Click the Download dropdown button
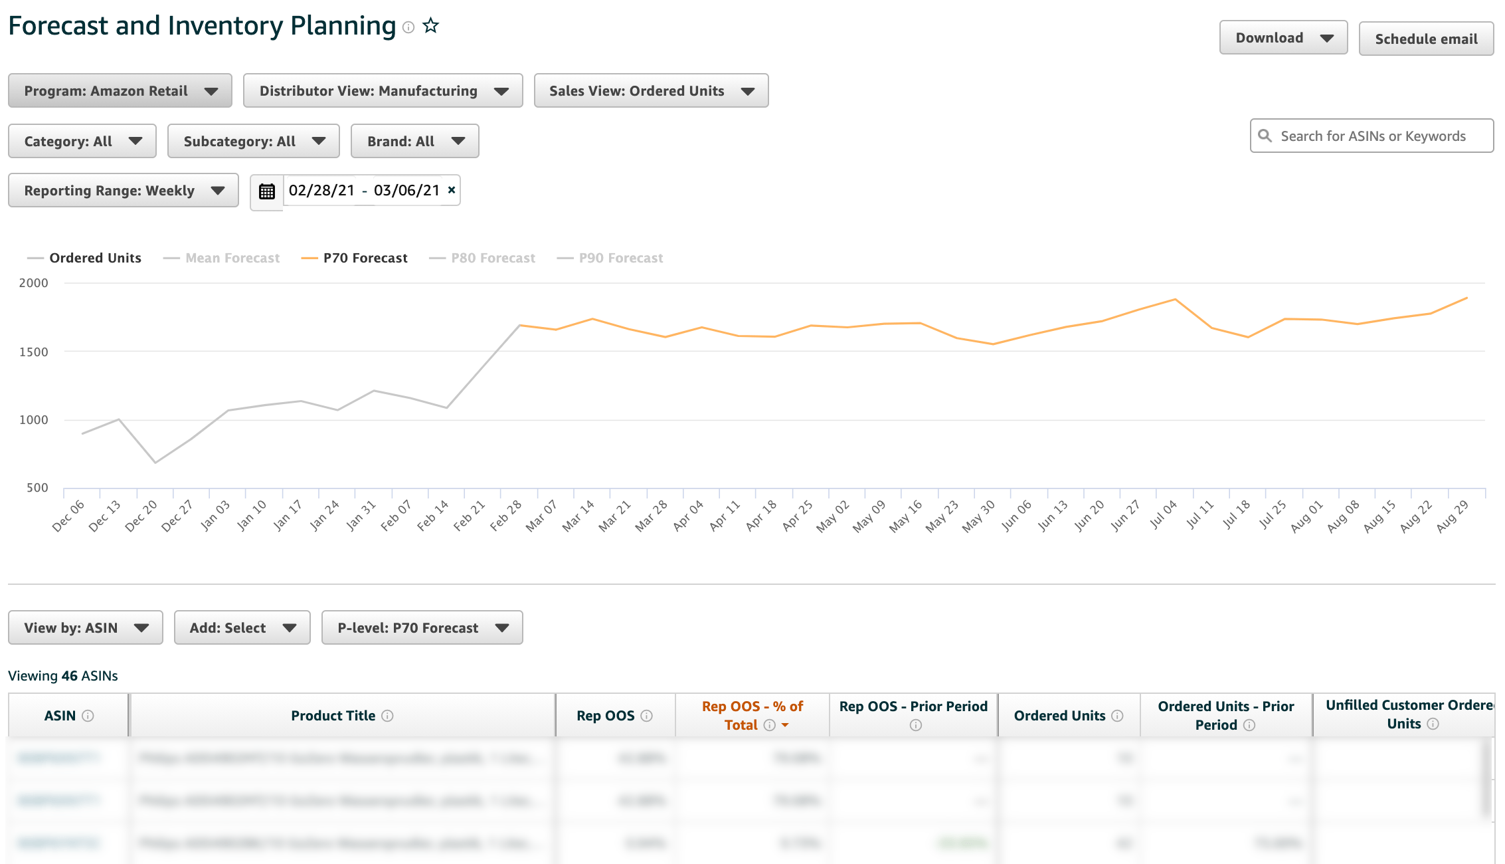tap(1283, 38)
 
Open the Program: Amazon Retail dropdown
tap(120, 91)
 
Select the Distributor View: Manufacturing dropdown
tap(383, 91)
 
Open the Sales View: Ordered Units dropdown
tap(651, 91)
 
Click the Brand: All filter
tap(414, 142)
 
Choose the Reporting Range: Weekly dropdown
tap(123, 191)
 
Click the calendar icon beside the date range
tap(267, 191)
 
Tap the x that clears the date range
tap(452, 190)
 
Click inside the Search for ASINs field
tap(1372, 136)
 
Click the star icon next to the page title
tap(431, 26)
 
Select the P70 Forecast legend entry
tap(365, 258)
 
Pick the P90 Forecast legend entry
tap(620, 258)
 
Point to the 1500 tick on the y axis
tap(34, 352)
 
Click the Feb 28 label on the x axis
tap(506, 516)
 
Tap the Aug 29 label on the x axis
tap(1452, 516)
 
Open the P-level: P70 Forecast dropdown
tap(422, 628)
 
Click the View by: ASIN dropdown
tap(85, 628)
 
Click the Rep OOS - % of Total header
tap(752, 716)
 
